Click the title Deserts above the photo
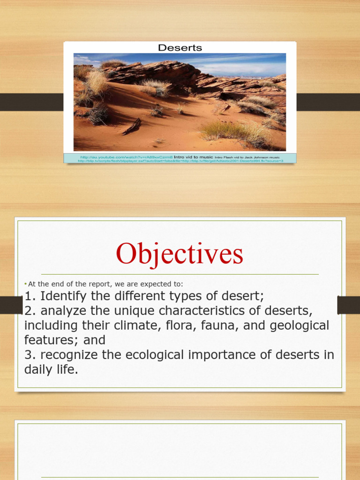pos(180,48)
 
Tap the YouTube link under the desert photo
pos(126,157)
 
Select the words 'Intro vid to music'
pos(194,157)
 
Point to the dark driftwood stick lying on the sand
pos(132,126)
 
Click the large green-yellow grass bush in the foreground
pos(234,132)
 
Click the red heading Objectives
pos(180,255)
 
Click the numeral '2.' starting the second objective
pos(30,311)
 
